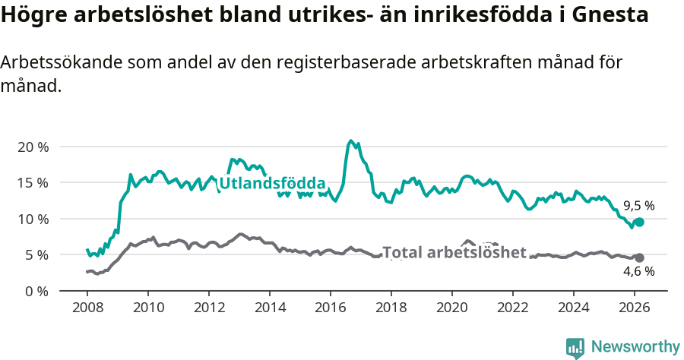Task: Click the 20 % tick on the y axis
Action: point(31,147)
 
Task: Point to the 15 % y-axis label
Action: point(31,182)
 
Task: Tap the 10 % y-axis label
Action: point(31,219)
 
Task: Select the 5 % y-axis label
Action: point(35,254)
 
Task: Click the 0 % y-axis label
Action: point(35,291)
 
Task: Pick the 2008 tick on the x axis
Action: point(87,308)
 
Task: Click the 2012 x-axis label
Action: point(208,308)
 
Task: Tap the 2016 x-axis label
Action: point(330,308)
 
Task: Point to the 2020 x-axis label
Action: point(451,308)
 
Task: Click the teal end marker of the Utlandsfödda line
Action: point(639,222)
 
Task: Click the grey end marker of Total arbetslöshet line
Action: point(639,257)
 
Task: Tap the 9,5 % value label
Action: point(638,205)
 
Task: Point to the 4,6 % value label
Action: point(638,271)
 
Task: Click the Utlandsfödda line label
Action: point(272,183)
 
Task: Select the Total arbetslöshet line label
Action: point(454,252)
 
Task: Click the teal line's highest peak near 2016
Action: point(350,141)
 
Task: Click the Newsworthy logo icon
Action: point(575,347)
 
